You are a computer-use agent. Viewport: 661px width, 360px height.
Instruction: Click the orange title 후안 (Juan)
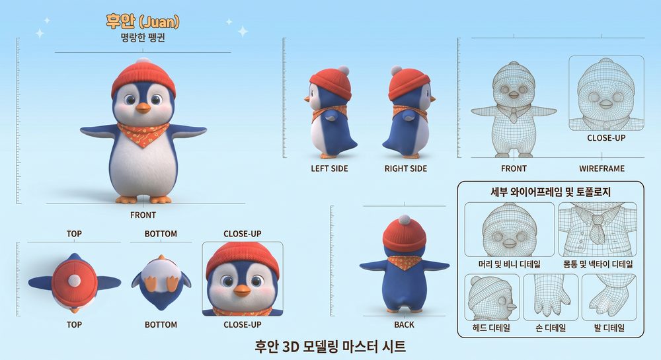click(143, 21)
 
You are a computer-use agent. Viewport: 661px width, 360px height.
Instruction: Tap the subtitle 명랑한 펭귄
click(143, 38)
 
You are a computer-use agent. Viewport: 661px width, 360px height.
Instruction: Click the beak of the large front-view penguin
click(143, 108)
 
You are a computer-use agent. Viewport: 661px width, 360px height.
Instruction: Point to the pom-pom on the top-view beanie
click(74, 281)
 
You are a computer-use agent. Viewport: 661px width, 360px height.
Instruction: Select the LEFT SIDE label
click(329, 169)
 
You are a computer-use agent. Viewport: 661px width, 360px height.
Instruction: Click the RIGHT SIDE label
click(406, 169)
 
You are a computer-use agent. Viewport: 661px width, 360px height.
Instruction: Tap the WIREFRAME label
click(602, 169)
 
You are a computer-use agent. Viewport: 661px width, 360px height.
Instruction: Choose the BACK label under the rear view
click(404, 324)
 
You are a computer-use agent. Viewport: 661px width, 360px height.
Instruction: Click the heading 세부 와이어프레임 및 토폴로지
click(551, 192)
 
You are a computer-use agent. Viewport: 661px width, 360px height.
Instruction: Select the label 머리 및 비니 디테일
click(509, 264)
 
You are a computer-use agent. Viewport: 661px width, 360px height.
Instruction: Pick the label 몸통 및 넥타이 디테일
click(598, 264)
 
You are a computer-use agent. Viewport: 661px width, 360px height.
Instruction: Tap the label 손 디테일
click(550, 328)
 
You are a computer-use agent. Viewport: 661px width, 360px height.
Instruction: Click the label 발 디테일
click(609, 328)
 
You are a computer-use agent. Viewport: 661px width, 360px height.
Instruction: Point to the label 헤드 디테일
click(492, 328)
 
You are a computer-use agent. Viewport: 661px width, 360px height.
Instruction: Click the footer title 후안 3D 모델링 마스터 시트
click(330, 347)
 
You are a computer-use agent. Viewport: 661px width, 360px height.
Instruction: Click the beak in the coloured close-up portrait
click(242, 290)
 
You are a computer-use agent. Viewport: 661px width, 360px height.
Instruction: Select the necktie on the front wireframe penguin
click(513, 115)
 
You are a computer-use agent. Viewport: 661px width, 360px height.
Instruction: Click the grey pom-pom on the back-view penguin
click(405, 220)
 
